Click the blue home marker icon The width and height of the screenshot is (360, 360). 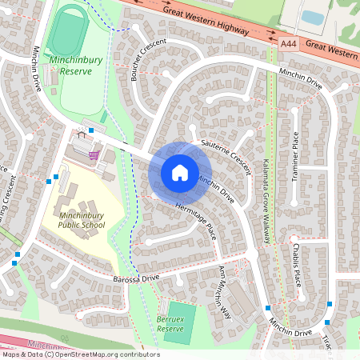click(179, 172)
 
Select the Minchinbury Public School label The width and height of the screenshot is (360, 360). click(81, 215)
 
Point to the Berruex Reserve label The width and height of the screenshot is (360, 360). click(171, 323)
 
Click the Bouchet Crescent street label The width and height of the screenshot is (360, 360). click(147, 61)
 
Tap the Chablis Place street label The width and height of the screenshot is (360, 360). click(297, 265)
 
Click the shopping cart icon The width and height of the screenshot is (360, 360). click(94, 154)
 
